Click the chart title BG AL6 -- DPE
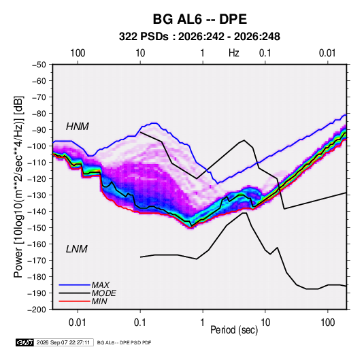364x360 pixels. [199, 19]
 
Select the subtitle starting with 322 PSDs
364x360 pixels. [199, 37]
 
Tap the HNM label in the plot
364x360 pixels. [78, 127]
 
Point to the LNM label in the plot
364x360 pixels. [77, 249]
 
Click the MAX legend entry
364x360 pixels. [100, 284]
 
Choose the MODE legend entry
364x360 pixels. [104, 293]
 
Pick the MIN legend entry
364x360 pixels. [99, 301]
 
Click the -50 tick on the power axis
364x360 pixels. [39, 65]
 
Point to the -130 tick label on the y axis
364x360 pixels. [37, 195]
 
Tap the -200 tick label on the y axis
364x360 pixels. [37, 310]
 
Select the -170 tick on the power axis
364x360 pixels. [37, 261]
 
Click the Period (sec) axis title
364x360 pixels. [234, 329]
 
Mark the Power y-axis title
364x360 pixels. [18, 186]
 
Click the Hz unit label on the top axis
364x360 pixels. [234, 53]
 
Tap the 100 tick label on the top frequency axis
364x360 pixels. [78, 53]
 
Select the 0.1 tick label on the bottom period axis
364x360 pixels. [140, 323]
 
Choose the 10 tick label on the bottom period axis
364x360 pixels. [265, 323]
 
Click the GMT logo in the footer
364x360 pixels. [25, 342]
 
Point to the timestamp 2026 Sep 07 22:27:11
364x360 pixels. [63, 342]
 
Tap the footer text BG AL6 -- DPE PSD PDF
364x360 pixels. [124, 342]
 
